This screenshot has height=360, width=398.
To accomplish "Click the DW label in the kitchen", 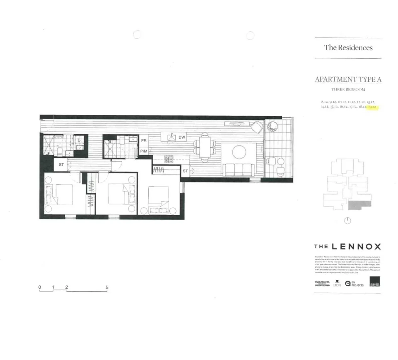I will pos(182,137).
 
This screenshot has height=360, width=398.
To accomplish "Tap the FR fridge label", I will pos(144,141).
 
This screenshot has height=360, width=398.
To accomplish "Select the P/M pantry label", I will pos(144,151).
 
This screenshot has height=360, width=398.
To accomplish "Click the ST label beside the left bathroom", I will pos(61,165).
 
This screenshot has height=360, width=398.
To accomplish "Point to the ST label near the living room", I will pos(185,171).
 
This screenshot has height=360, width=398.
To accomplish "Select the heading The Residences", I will pos(348,48).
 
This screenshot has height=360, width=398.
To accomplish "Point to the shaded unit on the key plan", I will pos(359,205).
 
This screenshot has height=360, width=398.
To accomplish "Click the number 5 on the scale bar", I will pos(107,287).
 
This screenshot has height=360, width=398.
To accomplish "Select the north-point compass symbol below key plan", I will pos(347,221).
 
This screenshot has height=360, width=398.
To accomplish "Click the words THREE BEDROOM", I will pos(348,89).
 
